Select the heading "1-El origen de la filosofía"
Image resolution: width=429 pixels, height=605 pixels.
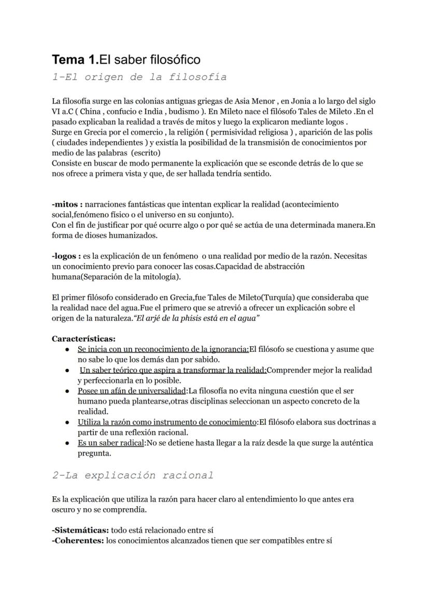tap(139, 77)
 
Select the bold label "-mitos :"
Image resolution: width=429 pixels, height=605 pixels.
tap(67, 204)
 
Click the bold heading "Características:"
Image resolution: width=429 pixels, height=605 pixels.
tap(83, 339)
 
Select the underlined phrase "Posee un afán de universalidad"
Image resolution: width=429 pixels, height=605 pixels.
tap(132, 391)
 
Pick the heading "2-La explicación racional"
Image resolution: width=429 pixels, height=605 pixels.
tap(133, 475)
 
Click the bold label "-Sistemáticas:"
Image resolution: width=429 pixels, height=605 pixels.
tap(80, 530)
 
